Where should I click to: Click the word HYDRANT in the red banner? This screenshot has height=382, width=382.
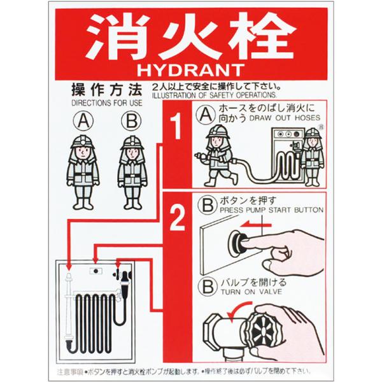tap(191, 67)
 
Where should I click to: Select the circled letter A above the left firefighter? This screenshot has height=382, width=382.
tap(81, 120)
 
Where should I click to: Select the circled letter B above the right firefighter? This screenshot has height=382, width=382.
tap(130, 120)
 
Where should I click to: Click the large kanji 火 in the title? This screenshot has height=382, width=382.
tap(191, 34)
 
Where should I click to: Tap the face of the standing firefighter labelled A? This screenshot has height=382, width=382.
tap(81, 153)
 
